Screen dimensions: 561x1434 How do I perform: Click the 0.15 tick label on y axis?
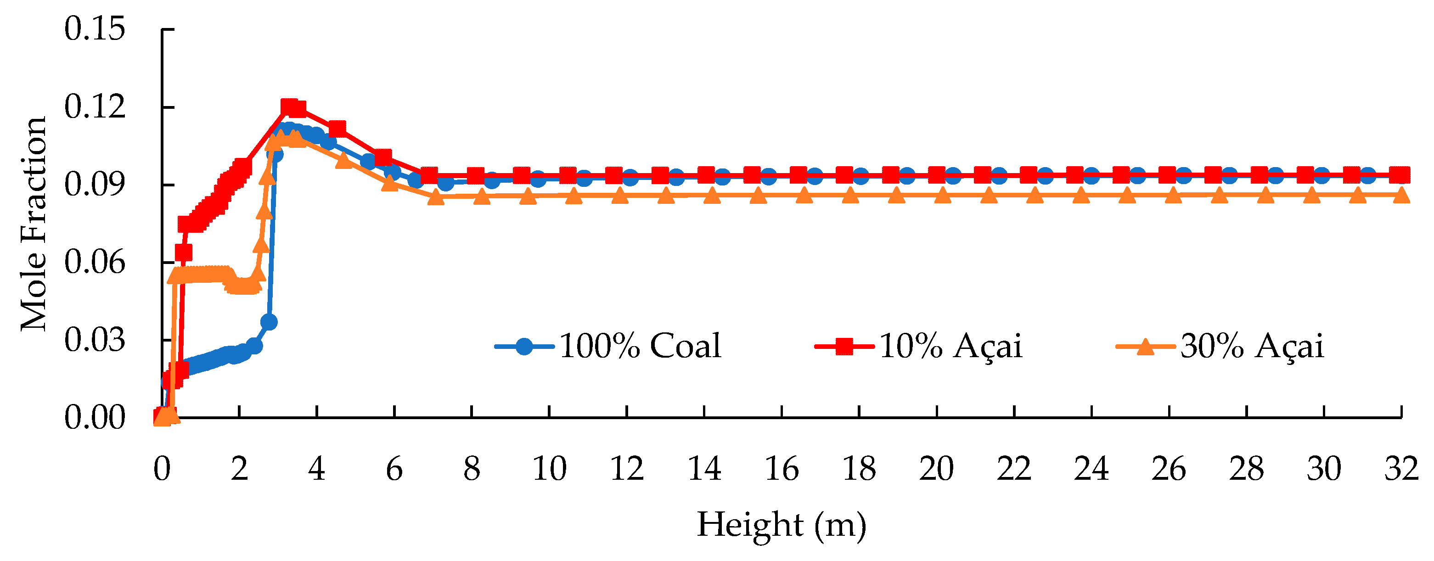tap(95, 29)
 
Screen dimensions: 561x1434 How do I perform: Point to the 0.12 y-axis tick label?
tap(95, 107)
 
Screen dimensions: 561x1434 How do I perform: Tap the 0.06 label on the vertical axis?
tap(95, 262)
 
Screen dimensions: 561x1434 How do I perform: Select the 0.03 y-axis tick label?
tap(95, 340)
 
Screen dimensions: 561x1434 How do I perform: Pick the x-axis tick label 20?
tap(936, 469)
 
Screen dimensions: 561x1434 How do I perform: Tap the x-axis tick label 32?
tap(1400, 469)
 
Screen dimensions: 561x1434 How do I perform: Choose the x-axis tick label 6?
tap(394, 469)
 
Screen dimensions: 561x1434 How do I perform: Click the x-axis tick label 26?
tap(1169, 469)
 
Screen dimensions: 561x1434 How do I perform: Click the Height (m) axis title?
tap(782, 525)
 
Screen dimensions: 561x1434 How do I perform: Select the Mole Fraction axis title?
tap(34, 224)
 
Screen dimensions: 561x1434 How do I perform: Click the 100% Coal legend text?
tap(640, 346)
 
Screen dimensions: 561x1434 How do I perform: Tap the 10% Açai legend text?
tap(951, 346)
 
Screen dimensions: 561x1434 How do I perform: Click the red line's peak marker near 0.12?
tap(289, 107)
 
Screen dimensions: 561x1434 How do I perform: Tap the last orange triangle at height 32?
tap(1401, 195)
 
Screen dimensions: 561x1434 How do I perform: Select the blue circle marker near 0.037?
tap(269, 322)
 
